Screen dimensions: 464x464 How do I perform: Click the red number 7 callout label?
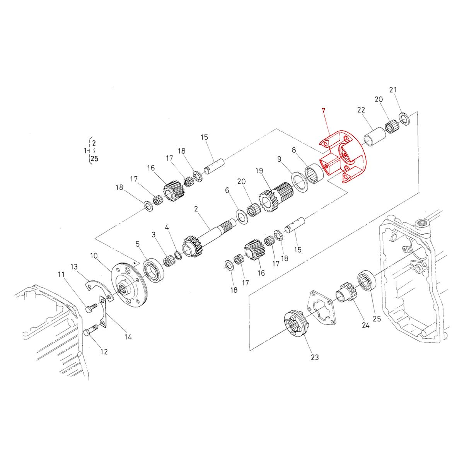tap(323, 111)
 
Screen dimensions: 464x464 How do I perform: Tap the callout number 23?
tap(315, 358)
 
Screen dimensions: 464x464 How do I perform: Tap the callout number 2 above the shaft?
tap(196, 209)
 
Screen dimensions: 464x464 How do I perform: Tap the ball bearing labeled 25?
tap(365, 280)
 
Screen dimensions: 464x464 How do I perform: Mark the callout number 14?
tap(128, 337)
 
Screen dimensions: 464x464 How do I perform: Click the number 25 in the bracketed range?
tap(94, 158)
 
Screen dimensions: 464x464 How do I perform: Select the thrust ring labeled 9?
tap(300, 182)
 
